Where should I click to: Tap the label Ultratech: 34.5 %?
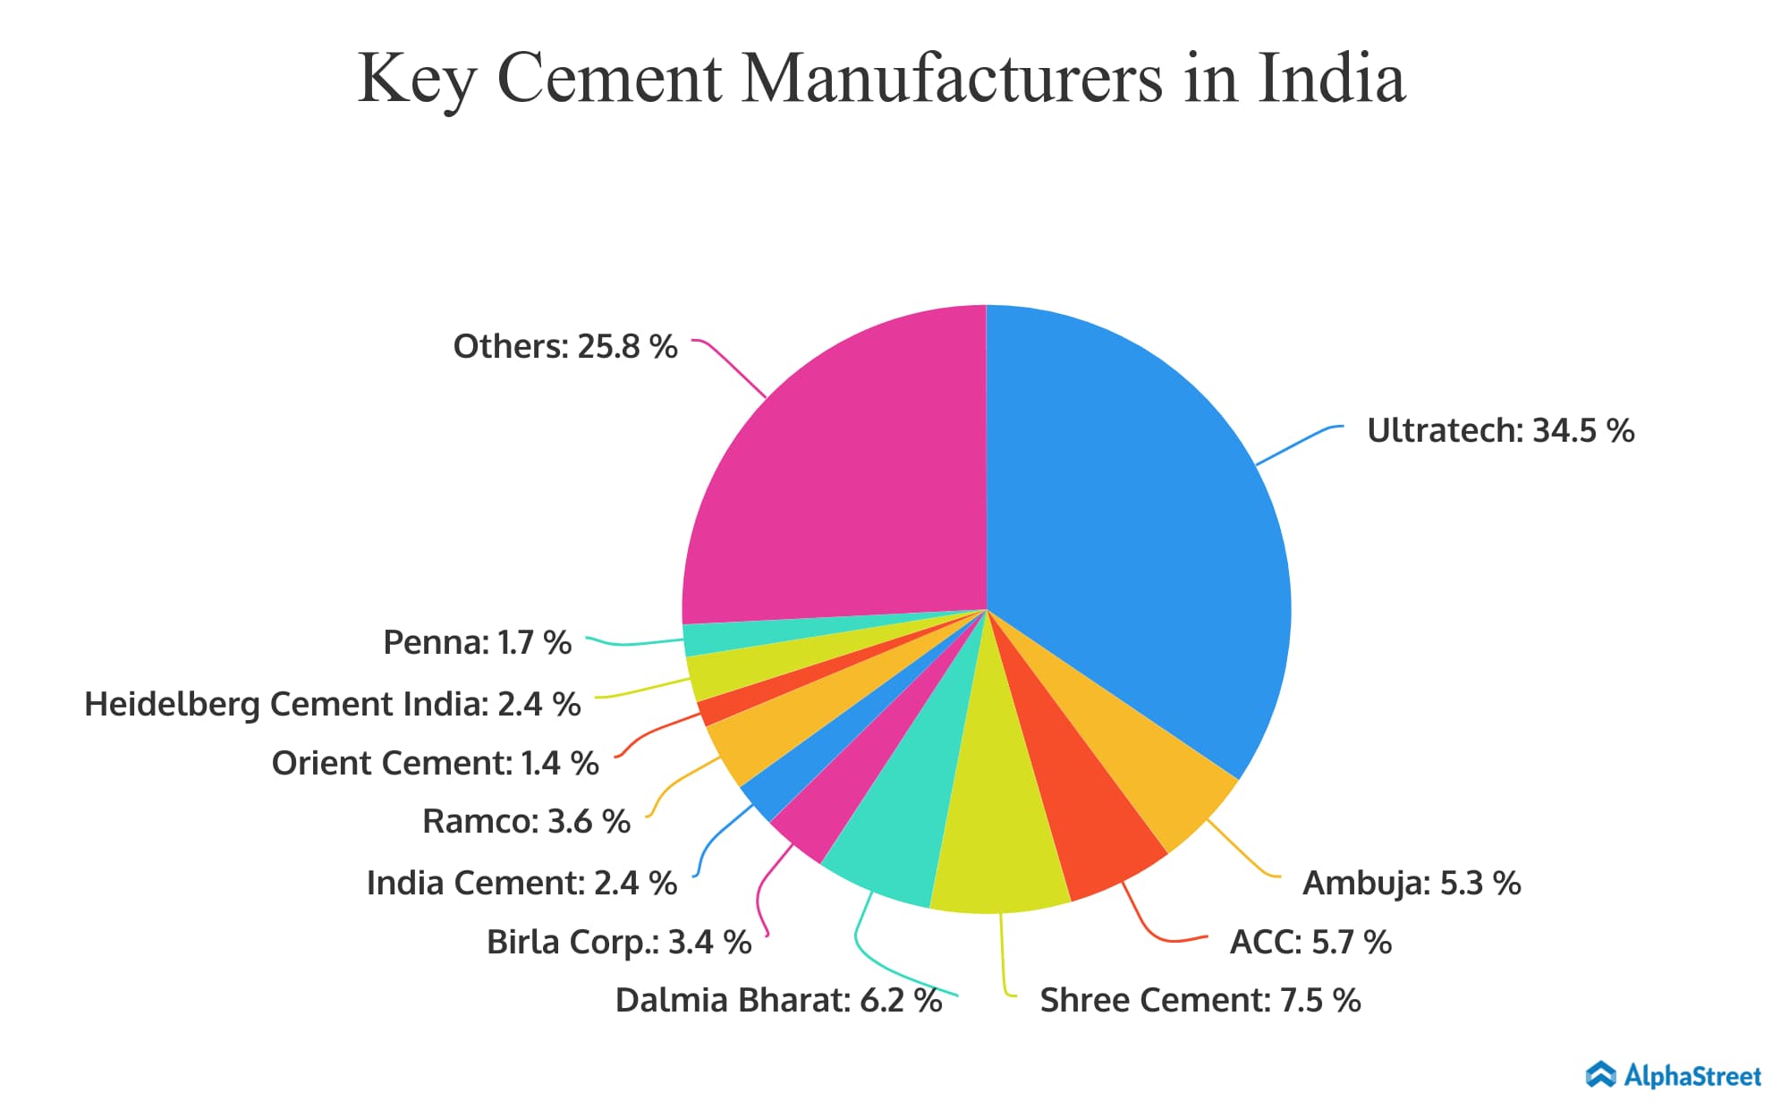(x=1500, y=431)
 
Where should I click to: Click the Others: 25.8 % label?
(x=564, y=347)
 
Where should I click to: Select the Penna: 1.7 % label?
(x=477, y=642)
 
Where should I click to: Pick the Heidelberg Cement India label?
(x=332, y=705)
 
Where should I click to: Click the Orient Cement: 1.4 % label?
(x=435, y=763)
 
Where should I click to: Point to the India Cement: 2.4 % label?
(x=521, y=883)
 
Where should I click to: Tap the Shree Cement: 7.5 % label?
(x=1200, y=1000)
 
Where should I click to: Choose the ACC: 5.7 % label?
(x=1310, y=942)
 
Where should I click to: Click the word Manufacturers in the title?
(x=953, y=79)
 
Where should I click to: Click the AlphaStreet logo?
(x=1673, y=1075)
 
